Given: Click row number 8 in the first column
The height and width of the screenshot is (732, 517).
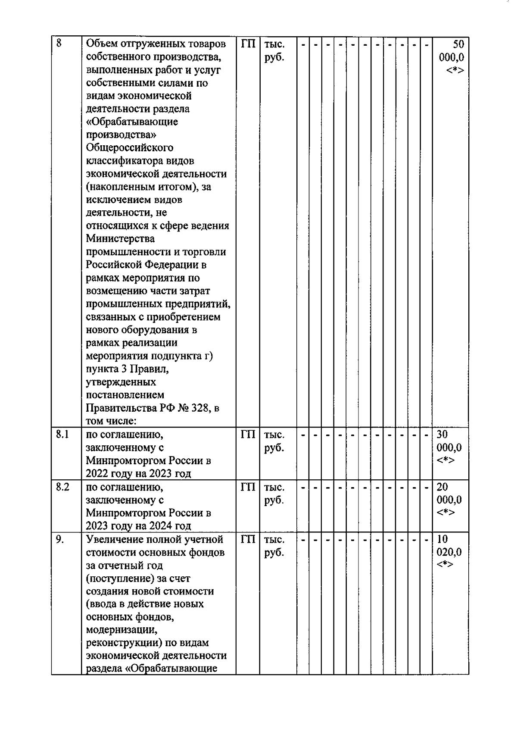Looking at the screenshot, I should coord(59,43).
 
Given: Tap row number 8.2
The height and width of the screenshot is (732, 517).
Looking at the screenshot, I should coord(62,487).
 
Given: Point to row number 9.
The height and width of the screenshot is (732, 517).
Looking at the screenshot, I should coord(60,539).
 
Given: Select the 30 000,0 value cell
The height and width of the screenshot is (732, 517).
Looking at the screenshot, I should coord(449,447).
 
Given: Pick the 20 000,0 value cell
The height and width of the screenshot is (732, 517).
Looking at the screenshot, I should coord(449,500).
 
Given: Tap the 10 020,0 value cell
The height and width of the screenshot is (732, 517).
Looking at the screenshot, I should coord(449,552).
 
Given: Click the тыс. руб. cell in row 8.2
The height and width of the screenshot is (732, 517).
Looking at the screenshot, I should coord(274,493).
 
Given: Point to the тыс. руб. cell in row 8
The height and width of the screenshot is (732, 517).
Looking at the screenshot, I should coord(274,50).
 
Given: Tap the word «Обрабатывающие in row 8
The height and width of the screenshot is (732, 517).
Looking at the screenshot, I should coord(132,122).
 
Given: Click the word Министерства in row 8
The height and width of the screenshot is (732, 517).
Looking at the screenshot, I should coord(120,238).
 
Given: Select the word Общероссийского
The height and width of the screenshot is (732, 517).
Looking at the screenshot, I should coord(129,147).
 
